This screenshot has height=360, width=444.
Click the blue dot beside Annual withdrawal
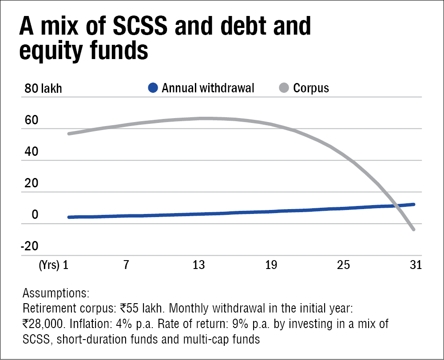pyautogui.click(x=153, y=88)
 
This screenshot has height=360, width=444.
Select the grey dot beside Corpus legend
pyautogui.click(x=284, y=88)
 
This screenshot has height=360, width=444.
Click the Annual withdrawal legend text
pyautogui.click(x=208, y=88)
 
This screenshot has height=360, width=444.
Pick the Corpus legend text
pyautogui.click(x=311, y=88)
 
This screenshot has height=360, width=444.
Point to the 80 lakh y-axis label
pyautogui.click(x=44, y=88)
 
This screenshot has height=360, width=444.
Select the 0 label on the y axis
pyautogui.click(x=34, y=215)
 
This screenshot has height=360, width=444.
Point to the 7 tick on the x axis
pyautogui.click(x=126, y=266)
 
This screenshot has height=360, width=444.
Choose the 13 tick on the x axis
pyautogui.click(x=198, y=266)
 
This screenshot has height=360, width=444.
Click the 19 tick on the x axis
pyautogui.click(x=271, y=266)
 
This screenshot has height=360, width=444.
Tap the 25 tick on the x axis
pyautogui.click(x=343, y=266)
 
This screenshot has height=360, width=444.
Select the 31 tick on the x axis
pyautogui.click(x=415, y=266)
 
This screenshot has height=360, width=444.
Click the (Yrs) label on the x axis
pyautogui.click(x=48, y=266)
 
